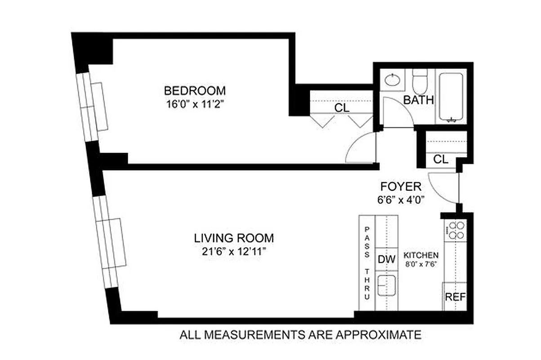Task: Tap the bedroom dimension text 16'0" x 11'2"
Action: tap(194, 104)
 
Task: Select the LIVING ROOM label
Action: tap(233, 238)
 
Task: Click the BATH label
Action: tap(418, 100)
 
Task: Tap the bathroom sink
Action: tap(393, 81)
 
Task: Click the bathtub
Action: tap(451, 97)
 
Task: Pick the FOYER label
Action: tap(401, 186)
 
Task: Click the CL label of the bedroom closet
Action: tap(342, 108)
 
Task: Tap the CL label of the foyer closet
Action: tap(441, 159)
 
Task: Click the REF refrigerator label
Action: tap(455, 297)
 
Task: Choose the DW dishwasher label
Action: tap(386, 260)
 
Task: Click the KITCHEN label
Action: tap(421, 255)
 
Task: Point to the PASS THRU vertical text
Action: tap(367, 263)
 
